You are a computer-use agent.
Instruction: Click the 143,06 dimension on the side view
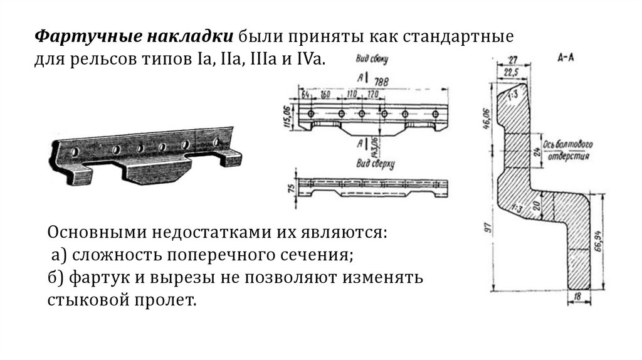coord(374,146)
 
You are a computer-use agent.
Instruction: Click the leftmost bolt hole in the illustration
coord(75,152)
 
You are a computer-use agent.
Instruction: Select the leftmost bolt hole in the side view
coord(311,114)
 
